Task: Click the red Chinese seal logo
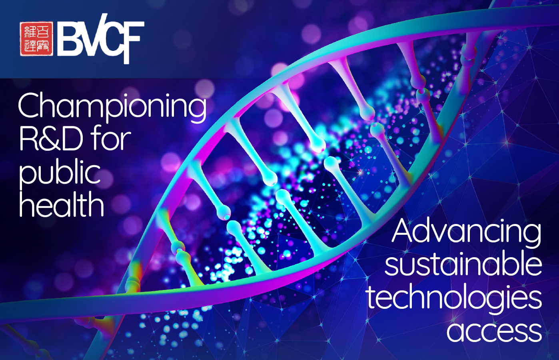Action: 36,39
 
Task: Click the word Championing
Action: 112,107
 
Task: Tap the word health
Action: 62,204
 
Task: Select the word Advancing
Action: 466,232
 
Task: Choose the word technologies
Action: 454,298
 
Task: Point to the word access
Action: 494,331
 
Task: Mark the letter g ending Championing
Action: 197,110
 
